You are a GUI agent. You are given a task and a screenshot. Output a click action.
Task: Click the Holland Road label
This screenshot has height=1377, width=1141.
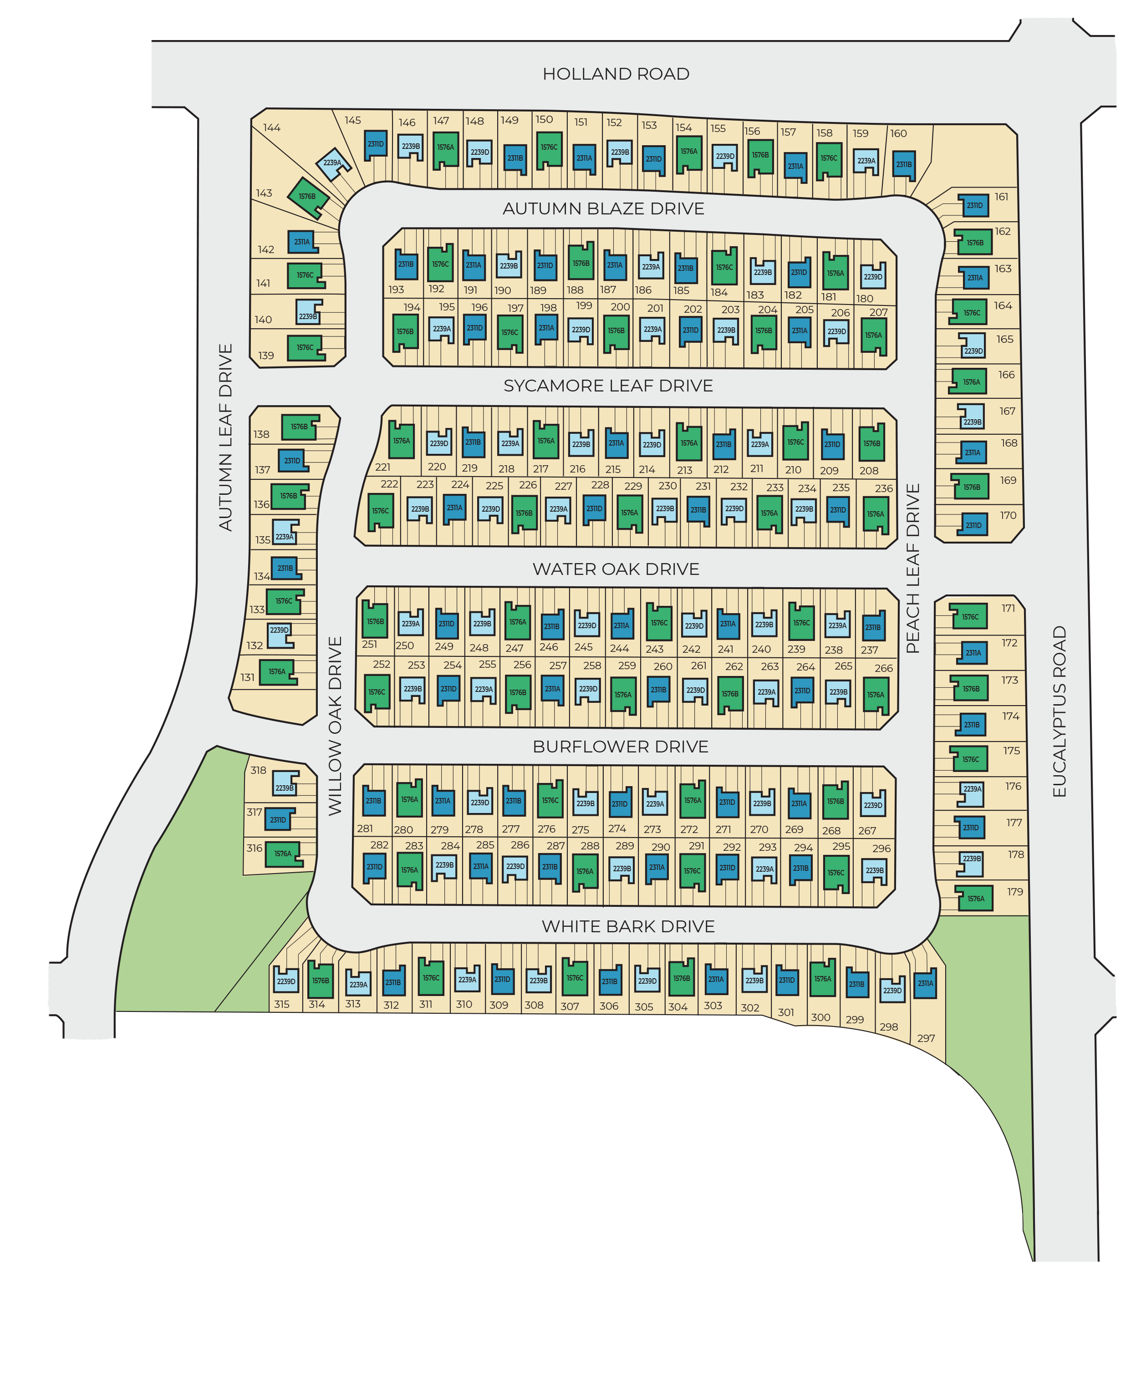pyautogui.click(x=615, y=74)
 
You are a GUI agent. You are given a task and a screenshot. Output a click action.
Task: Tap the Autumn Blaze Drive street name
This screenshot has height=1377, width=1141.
pyautogui.click(x=603, y=208)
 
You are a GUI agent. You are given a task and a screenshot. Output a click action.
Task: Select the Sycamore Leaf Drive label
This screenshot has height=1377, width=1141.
pyautogui.click(x=608, y=386)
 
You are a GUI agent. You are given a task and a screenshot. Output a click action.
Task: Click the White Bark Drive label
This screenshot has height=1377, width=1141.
pyautogui.click(x=627, y=926)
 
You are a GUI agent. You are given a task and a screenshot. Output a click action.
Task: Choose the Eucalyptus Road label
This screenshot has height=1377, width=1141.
pyautogui.click(x=1059, y=711)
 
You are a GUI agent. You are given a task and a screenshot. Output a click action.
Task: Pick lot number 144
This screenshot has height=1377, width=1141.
pyautogui.click(x=271, y=128)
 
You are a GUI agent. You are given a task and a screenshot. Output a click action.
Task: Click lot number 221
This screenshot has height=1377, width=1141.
pyautogui.click(x=383, y=467)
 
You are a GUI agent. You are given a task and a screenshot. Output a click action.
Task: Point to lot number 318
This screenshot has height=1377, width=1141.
pyautogui.click(x=258, y=771)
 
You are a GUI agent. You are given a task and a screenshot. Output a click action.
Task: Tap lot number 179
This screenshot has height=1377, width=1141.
pyautogui.click(x=1014, y=892)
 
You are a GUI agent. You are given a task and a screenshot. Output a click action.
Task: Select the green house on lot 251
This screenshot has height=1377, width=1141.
pyautogui.click(x=375, y=621)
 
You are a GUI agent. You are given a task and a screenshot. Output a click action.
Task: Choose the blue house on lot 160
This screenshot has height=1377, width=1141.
pyautogui.click(x=904, y=165)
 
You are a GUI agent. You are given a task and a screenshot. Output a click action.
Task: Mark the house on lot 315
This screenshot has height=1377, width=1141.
pyautogui.click(x=286, y=981)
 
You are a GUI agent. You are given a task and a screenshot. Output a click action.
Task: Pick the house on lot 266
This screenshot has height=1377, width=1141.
pyautogui.click(x=876, y=694)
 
